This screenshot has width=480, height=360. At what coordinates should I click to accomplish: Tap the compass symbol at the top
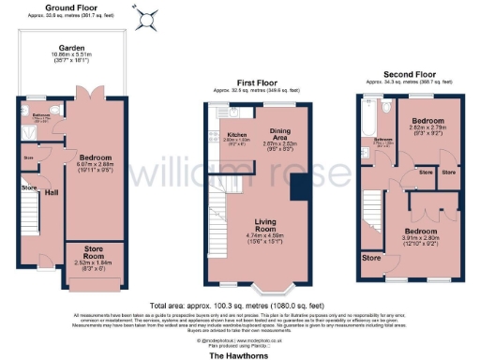(x=145, y=18)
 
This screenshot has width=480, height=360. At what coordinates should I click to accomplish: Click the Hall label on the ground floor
(x=52, y=193)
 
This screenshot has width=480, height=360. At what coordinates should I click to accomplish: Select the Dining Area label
(x=279, y=132)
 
